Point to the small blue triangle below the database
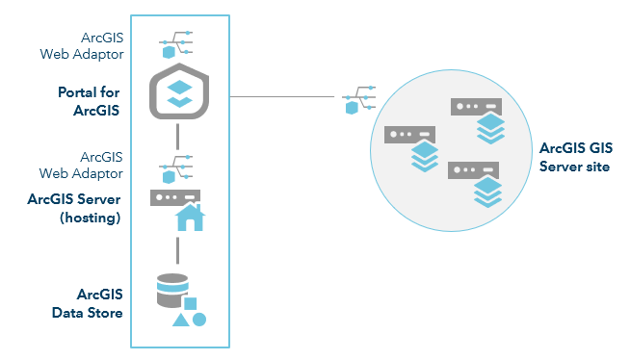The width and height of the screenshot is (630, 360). (179, 319)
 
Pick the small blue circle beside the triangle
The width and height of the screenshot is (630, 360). (199, 319)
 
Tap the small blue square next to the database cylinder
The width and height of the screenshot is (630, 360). (191, 304)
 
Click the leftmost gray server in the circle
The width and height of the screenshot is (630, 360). (406, 135)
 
